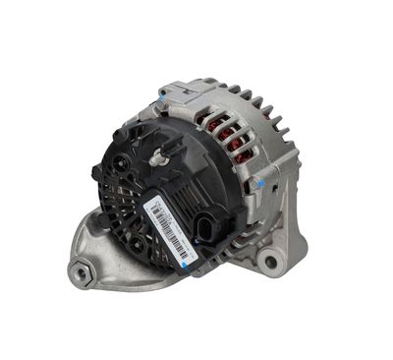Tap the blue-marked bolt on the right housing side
click(x=257, y=184)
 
